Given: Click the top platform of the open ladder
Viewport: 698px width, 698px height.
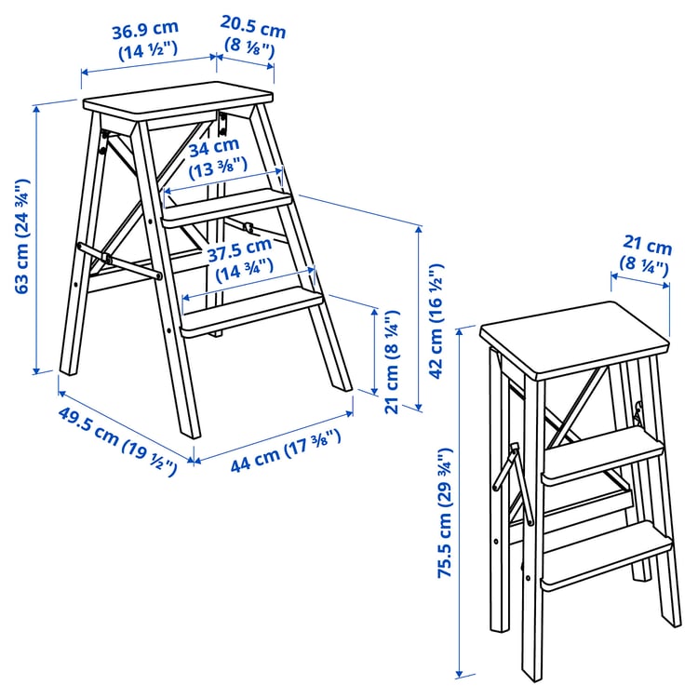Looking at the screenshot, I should [177, 102].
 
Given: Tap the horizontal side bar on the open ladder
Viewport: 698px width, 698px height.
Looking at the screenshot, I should [119, 260].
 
